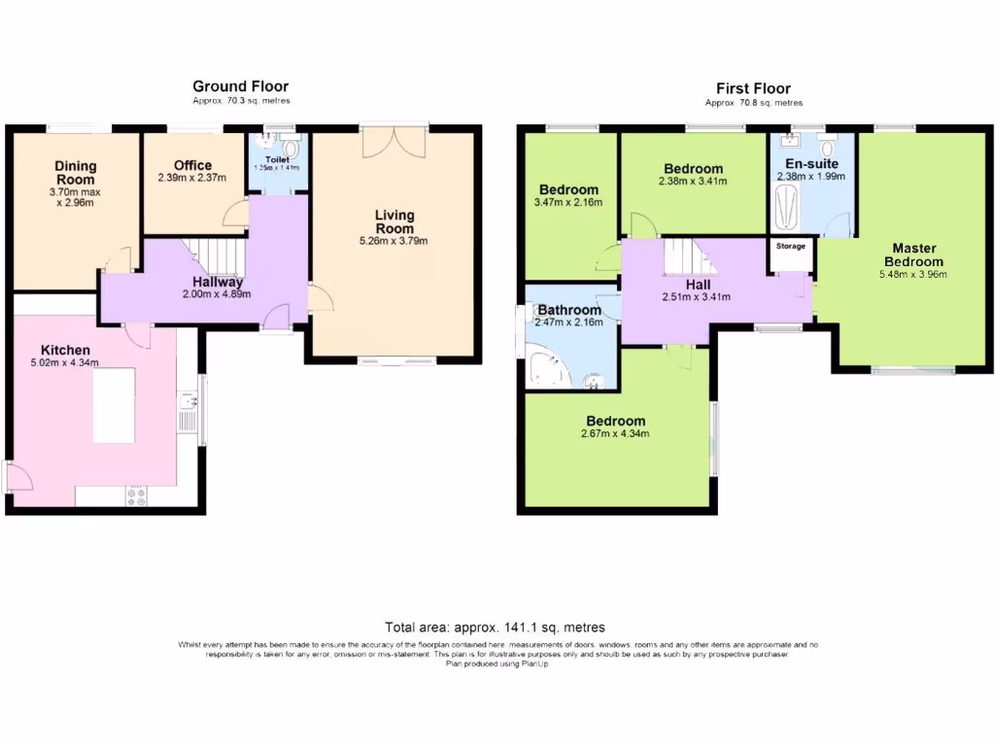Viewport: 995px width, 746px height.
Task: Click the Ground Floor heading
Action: [x=240, y=86]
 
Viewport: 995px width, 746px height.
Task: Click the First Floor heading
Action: [x=753, y=88]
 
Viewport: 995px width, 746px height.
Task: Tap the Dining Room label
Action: [x=75, y=172]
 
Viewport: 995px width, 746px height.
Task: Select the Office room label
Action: [x=192, y=165]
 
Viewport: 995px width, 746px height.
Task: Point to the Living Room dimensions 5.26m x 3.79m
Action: [x=395, y=241]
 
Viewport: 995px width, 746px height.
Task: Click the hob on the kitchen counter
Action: [x=136, y=495]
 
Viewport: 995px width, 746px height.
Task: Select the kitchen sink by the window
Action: [x=187, y=407]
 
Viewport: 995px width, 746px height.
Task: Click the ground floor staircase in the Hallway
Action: [x=220, y=255]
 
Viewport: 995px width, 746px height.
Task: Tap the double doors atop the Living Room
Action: [x=394, y=142]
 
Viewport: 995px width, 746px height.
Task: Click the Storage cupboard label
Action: [x=791, y=246]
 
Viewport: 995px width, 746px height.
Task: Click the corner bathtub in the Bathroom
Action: [x=544, y=368]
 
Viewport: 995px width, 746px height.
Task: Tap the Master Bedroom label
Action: [x=913, y=254]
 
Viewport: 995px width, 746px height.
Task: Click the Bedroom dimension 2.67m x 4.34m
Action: [x=616, y=433]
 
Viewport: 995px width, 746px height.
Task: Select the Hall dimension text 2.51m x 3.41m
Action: [x=698, y=297]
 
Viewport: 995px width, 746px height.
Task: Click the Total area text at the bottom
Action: [x=495, y=627]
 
